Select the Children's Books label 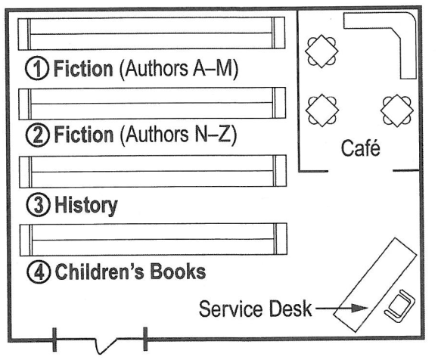[x=129, y=270]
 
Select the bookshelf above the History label [x=151, y=171]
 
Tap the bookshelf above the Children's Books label [x=151, y=238]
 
